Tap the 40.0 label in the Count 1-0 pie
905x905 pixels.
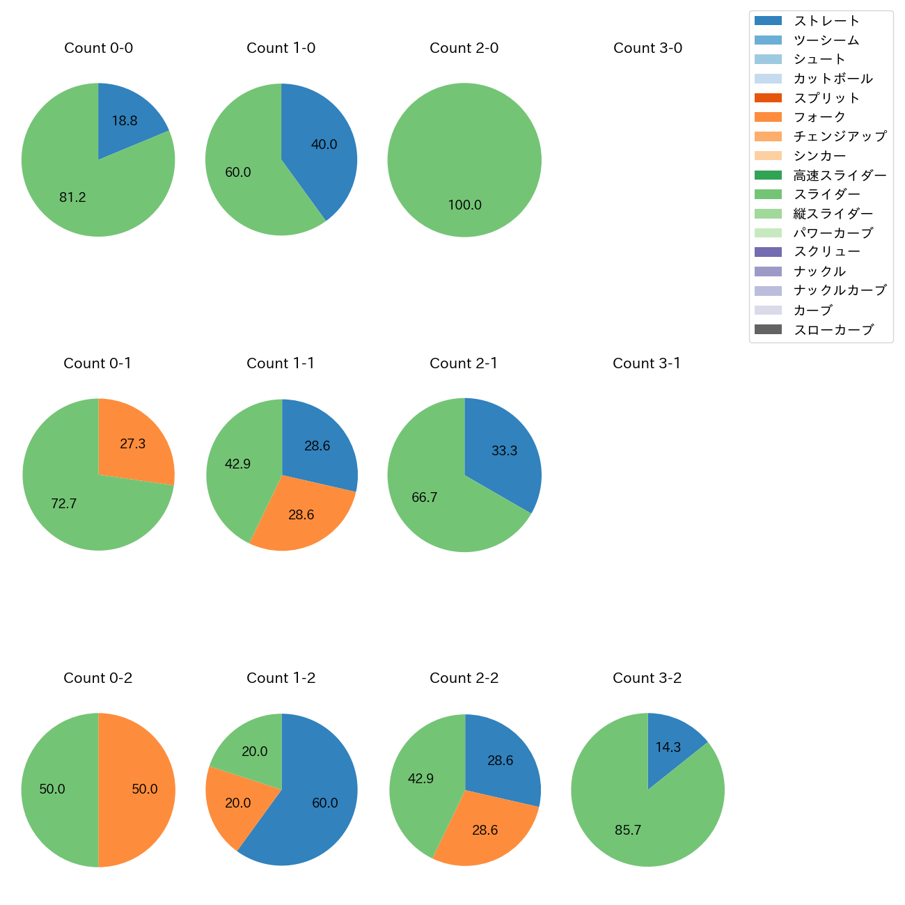[324, 145]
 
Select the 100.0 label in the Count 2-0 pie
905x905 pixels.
[464, 205]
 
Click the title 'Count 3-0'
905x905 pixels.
[647, 48]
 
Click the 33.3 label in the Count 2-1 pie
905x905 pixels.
[504, 451]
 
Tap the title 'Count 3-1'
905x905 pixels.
[647, 363]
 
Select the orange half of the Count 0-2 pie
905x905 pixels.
[139, 789]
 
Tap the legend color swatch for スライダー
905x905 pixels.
[769, 194]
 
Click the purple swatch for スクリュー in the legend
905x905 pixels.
[769, 252]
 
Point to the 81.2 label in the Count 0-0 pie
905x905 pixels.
[72, 198]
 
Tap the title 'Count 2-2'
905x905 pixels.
[464, 678]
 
